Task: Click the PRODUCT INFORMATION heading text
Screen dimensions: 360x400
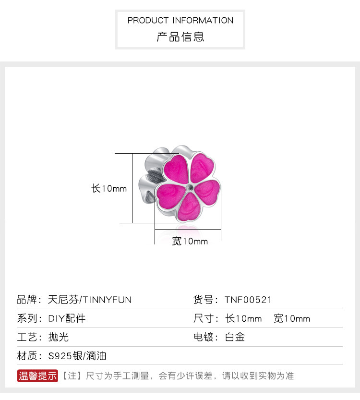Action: click(180, 21)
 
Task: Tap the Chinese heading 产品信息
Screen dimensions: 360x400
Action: click(180, 36)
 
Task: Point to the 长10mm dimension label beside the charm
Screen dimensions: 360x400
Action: click(109, 189)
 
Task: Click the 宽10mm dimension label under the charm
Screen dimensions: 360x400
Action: click(190, 241)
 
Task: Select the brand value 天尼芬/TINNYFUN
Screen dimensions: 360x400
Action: click(90, 300)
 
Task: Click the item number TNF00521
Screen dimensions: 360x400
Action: click(248, 300)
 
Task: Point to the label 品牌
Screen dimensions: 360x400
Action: click(27, 300)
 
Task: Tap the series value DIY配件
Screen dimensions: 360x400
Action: click(67, 318)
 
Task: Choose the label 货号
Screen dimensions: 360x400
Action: click(204, 300)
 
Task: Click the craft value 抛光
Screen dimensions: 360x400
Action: click(59, 337)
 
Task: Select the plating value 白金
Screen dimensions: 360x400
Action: click(235, 337)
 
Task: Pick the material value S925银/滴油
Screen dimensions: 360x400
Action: click(77, 356)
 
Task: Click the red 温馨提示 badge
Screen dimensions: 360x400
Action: click(38, 376)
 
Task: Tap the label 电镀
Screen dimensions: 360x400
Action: click(204, 337)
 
